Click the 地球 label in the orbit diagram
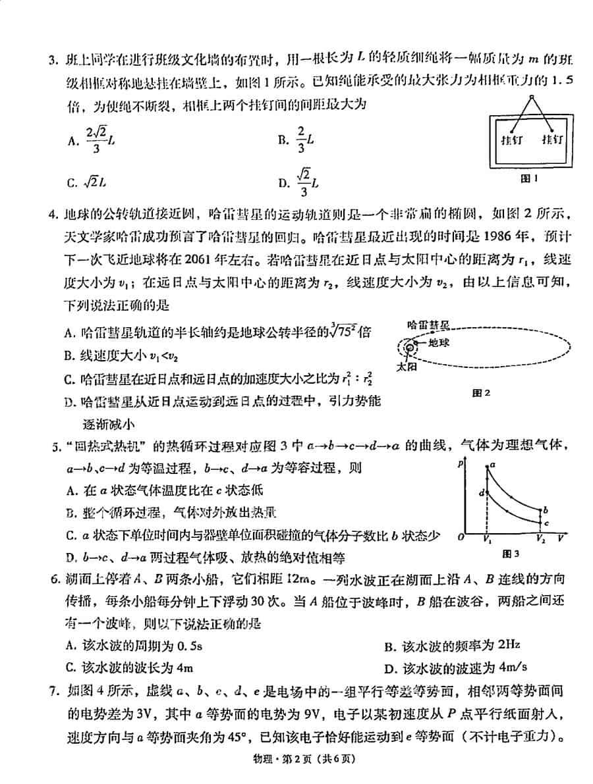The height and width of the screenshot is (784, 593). tap(438, 342)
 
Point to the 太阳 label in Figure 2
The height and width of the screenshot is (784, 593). tap(407, 367)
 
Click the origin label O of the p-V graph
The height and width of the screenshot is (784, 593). tap(461, 538)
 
